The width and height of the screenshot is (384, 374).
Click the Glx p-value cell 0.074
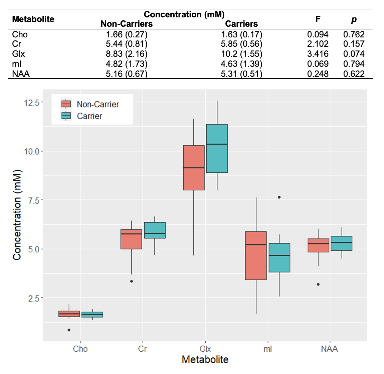354,54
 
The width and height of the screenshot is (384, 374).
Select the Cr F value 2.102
318,44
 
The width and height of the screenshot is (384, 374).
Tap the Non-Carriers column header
127,24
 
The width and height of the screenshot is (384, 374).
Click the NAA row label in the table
21,73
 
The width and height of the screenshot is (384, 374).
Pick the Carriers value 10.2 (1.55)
241,54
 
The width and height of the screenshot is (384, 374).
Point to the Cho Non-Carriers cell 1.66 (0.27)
127,34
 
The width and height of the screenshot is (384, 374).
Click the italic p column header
354,19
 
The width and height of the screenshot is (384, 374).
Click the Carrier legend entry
89,116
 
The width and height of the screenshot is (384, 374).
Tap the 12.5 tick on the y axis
31,103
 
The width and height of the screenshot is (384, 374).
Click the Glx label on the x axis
205,349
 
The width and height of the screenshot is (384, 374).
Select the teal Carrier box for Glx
217,149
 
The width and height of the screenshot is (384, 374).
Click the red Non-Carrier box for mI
256,255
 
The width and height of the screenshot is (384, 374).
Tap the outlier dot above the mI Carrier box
279,197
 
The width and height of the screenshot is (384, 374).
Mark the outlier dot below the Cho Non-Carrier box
69,330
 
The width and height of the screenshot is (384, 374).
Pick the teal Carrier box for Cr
155,230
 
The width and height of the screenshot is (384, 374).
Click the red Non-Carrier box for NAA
318,245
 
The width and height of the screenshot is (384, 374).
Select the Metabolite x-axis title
205,360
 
